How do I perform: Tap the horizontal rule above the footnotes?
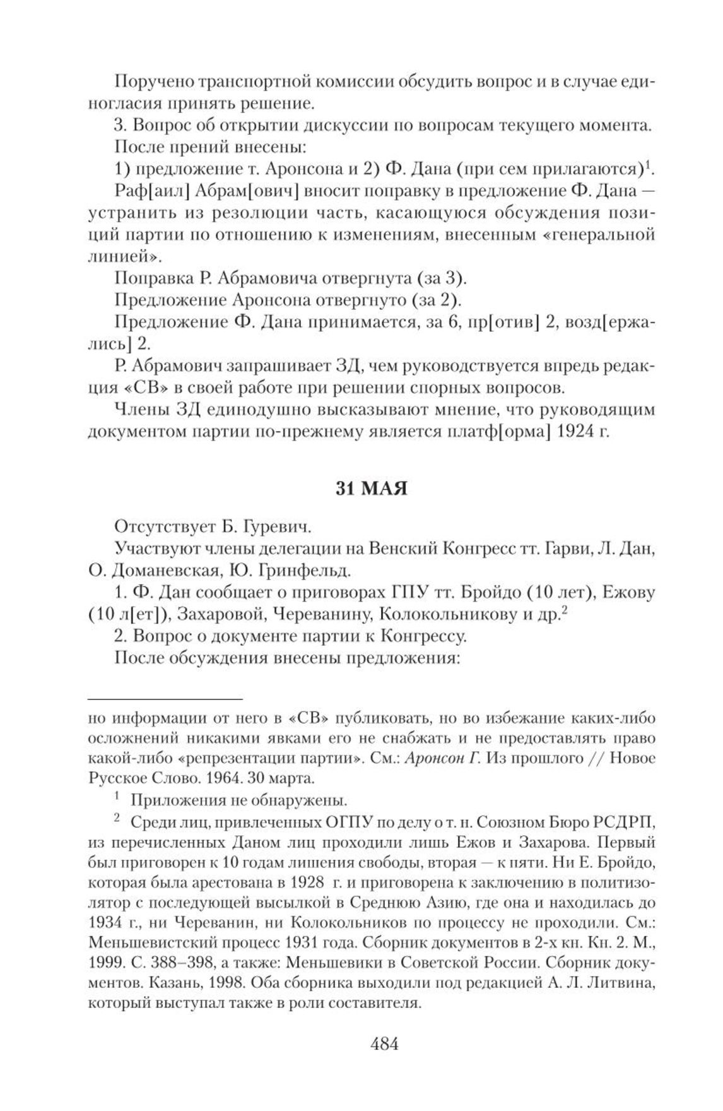[165, 699]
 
